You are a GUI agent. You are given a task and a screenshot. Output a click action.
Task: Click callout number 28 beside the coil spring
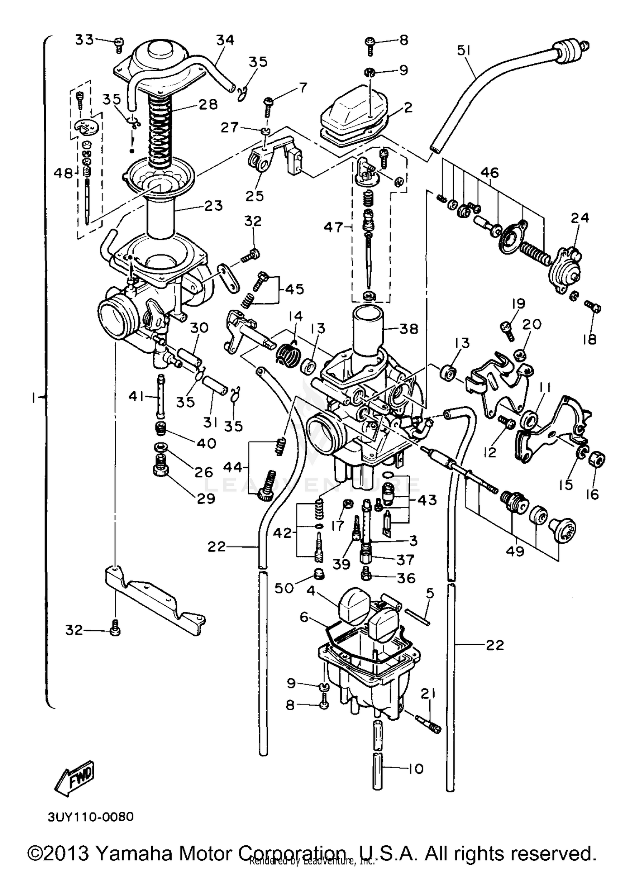click(x=208, y=104)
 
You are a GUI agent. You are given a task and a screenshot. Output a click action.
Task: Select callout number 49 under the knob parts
click(x=515, y=551)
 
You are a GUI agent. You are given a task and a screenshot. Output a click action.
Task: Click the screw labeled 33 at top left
click(x=118, y=43)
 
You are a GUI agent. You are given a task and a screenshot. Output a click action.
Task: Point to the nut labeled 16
click(x=597, y=460)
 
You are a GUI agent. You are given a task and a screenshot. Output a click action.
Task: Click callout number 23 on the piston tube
click(x=214, y=205)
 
